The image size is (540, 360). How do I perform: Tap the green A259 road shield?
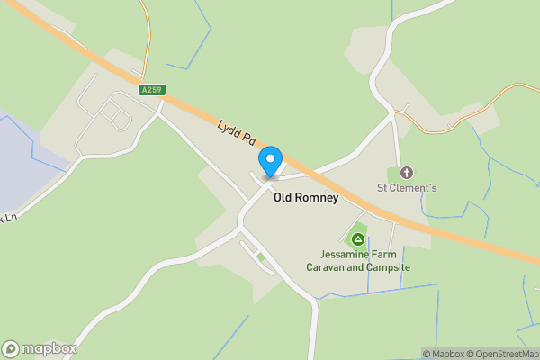(x=152, y=90)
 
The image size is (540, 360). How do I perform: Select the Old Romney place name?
(x=306, y=198)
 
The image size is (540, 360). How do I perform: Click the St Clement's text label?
(x=406, y=188)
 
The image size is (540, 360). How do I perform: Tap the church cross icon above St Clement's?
(x=406, y=173)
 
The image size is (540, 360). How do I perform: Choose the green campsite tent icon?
(x=357, y=239)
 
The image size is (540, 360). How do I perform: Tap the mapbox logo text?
(x=49, y=348)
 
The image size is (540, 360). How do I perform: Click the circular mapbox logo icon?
(x=12, y=348)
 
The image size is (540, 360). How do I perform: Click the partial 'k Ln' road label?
(x=9, y=219)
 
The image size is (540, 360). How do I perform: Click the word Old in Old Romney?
(x=283, y=198)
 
